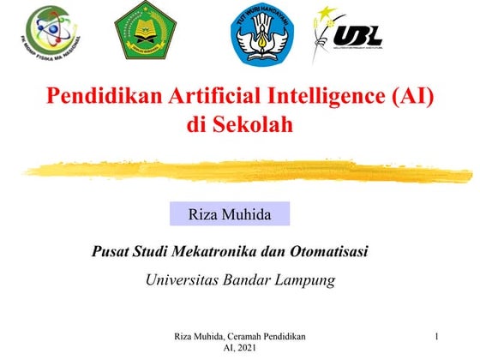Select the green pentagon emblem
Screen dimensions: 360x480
click(x=145, y=30)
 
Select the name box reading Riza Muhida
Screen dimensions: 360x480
click(x=229, y=213)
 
